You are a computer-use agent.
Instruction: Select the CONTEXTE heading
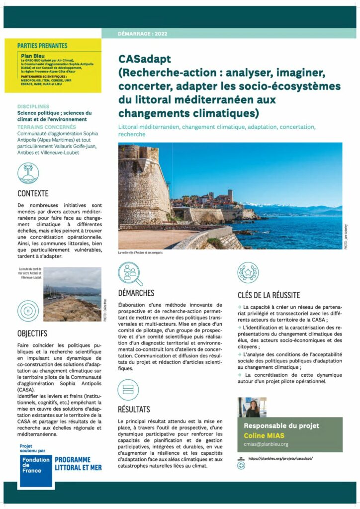click(33, 193)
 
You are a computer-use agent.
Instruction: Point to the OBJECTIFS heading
click(32, 333)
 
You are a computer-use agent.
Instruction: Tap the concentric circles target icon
click(28, 311)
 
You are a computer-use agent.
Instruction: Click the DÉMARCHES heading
click(136, 293)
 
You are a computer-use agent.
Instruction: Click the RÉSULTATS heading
click(134, 410)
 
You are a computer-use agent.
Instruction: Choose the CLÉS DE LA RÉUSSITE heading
click(269, 295)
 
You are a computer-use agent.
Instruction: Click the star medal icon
click(248, 273)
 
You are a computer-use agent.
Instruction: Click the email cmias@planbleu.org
click(266, 444)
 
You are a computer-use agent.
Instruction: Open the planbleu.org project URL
click(281, 458)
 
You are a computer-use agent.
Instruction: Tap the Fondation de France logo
click(36, 469)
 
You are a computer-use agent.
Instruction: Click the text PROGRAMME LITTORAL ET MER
click(78, 464)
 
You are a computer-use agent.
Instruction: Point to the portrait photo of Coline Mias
click(252, 407)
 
